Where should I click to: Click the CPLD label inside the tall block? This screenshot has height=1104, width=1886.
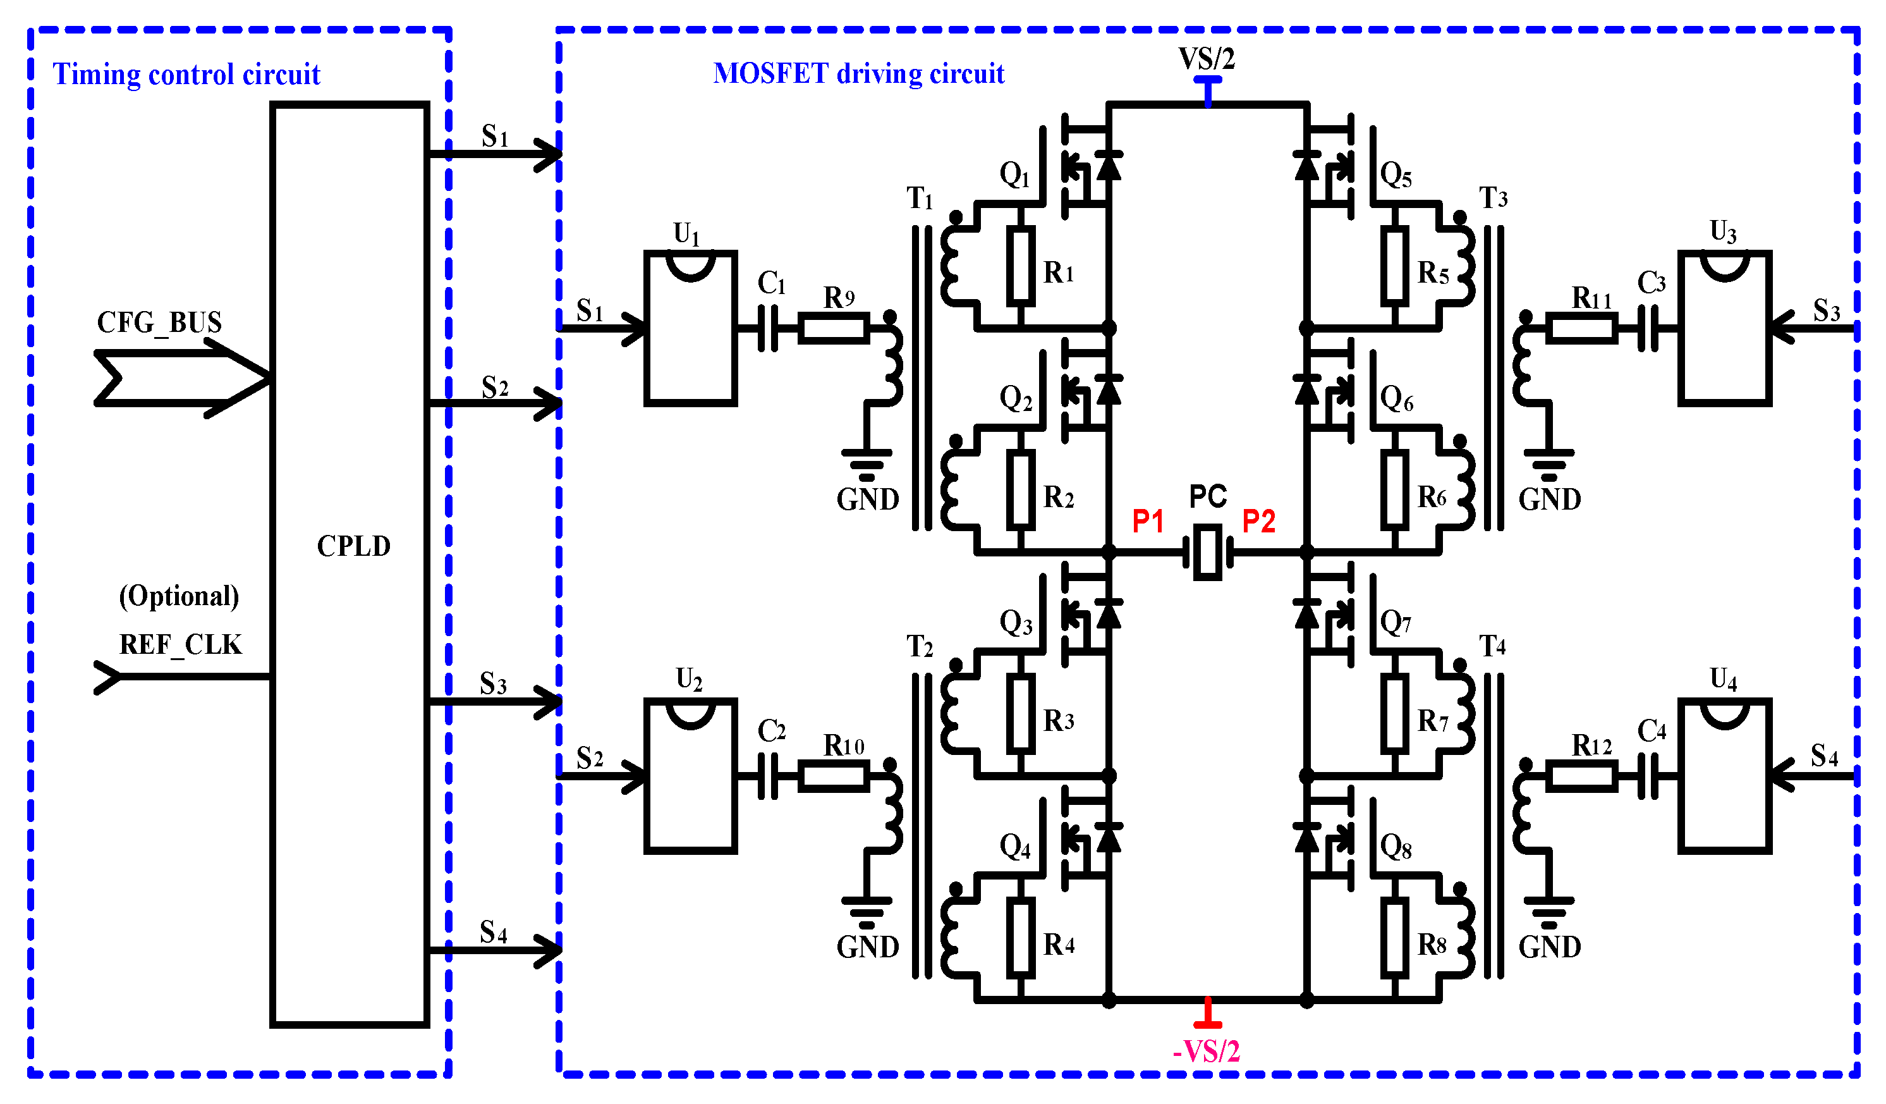click(x=353, y=546)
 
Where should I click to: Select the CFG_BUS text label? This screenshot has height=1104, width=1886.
click(x=159, y=322)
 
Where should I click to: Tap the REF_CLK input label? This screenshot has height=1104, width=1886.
click(x=180, y=644)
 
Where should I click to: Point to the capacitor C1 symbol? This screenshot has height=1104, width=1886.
click(x=768, y=328)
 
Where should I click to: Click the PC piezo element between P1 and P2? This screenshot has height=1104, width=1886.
click(x=1207, y=553)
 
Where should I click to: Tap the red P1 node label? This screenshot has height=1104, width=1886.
click(x=1147, y=522)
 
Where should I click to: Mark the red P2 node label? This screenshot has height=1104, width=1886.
click(x=1258, y=522)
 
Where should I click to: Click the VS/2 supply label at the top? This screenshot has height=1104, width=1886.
click(x=1206, y=58)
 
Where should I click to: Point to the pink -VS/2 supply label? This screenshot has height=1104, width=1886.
click(x=1206, y=1052)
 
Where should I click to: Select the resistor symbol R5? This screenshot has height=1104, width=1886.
click(x=1394, y=266)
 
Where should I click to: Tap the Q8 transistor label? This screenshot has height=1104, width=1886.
click(x=1396, y=847)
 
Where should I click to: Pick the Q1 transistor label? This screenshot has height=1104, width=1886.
click(x=1015, y=175)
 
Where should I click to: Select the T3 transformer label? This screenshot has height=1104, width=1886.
click(x=1493, y=199)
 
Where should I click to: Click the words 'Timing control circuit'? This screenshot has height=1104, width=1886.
click(x=186, y=75)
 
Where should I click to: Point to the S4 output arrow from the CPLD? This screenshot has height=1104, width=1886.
click(x=494, y=950)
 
